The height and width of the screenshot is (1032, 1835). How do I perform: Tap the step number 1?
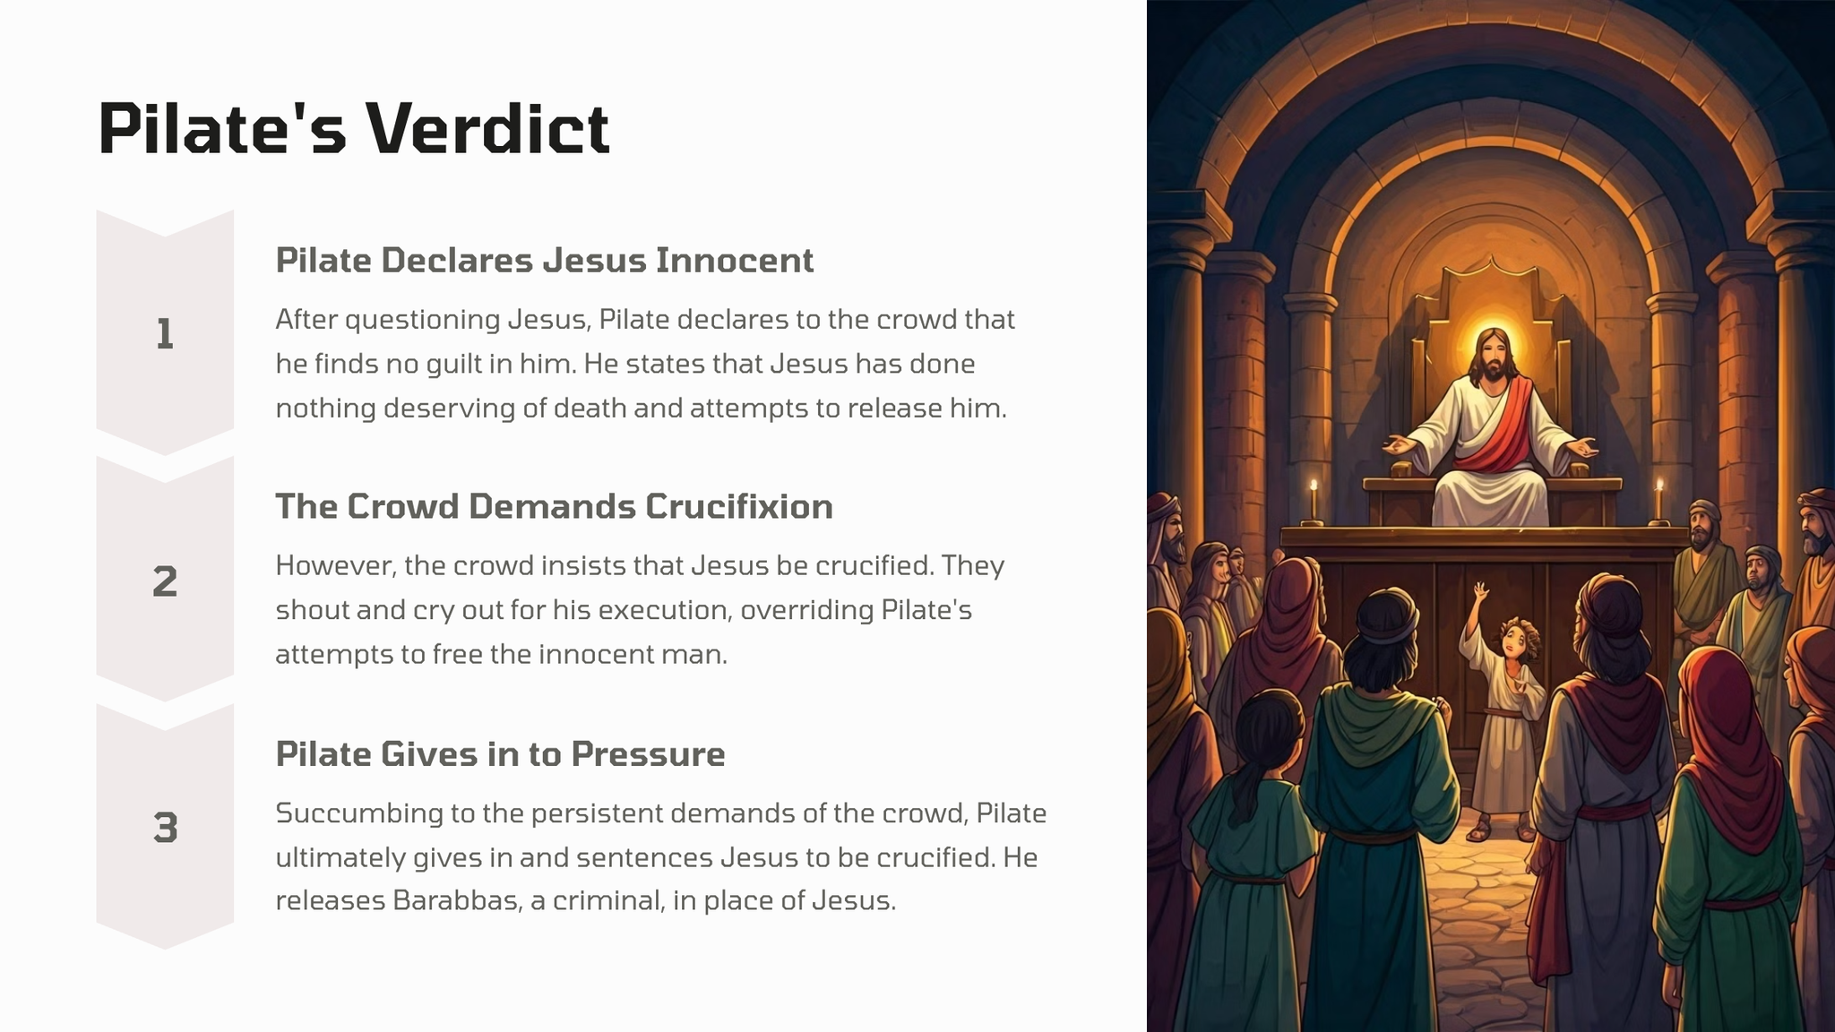coord(165,334)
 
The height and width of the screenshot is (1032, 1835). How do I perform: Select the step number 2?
coord(165,581)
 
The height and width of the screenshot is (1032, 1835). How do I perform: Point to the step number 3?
coord(165,828)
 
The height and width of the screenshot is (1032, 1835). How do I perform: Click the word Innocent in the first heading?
coord(735,260)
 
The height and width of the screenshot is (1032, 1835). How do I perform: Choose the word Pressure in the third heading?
coord(648,753)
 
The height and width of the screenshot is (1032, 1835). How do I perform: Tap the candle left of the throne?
coord(1314,500)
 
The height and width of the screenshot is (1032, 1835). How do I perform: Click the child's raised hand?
coord(1479,591)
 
